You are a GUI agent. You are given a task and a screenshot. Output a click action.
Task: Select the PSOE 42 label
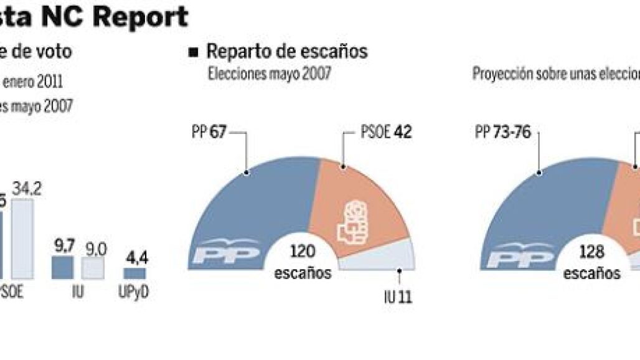[386, 133]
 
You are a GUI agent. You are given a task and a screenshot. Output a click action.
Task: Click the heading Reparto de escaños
[286, 52]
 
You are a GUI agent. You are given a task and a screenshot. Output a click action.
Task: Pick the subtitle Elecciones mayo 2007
[269, 75]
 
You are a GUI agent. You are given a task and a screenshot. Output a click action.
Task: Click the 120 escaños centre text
[303, 261]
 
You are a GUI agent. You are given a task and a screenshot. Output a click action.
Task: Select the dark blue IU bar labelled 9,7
[63, 267]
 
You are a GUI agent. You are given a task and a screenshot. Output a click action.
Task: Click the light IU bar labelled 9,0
[93, 268]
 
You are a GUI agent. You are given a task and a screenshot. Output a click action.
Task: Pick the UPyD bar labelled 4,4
[134, 273]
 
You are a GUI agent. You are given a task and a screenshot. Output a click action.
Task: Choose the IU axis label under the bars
[78, 293]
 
